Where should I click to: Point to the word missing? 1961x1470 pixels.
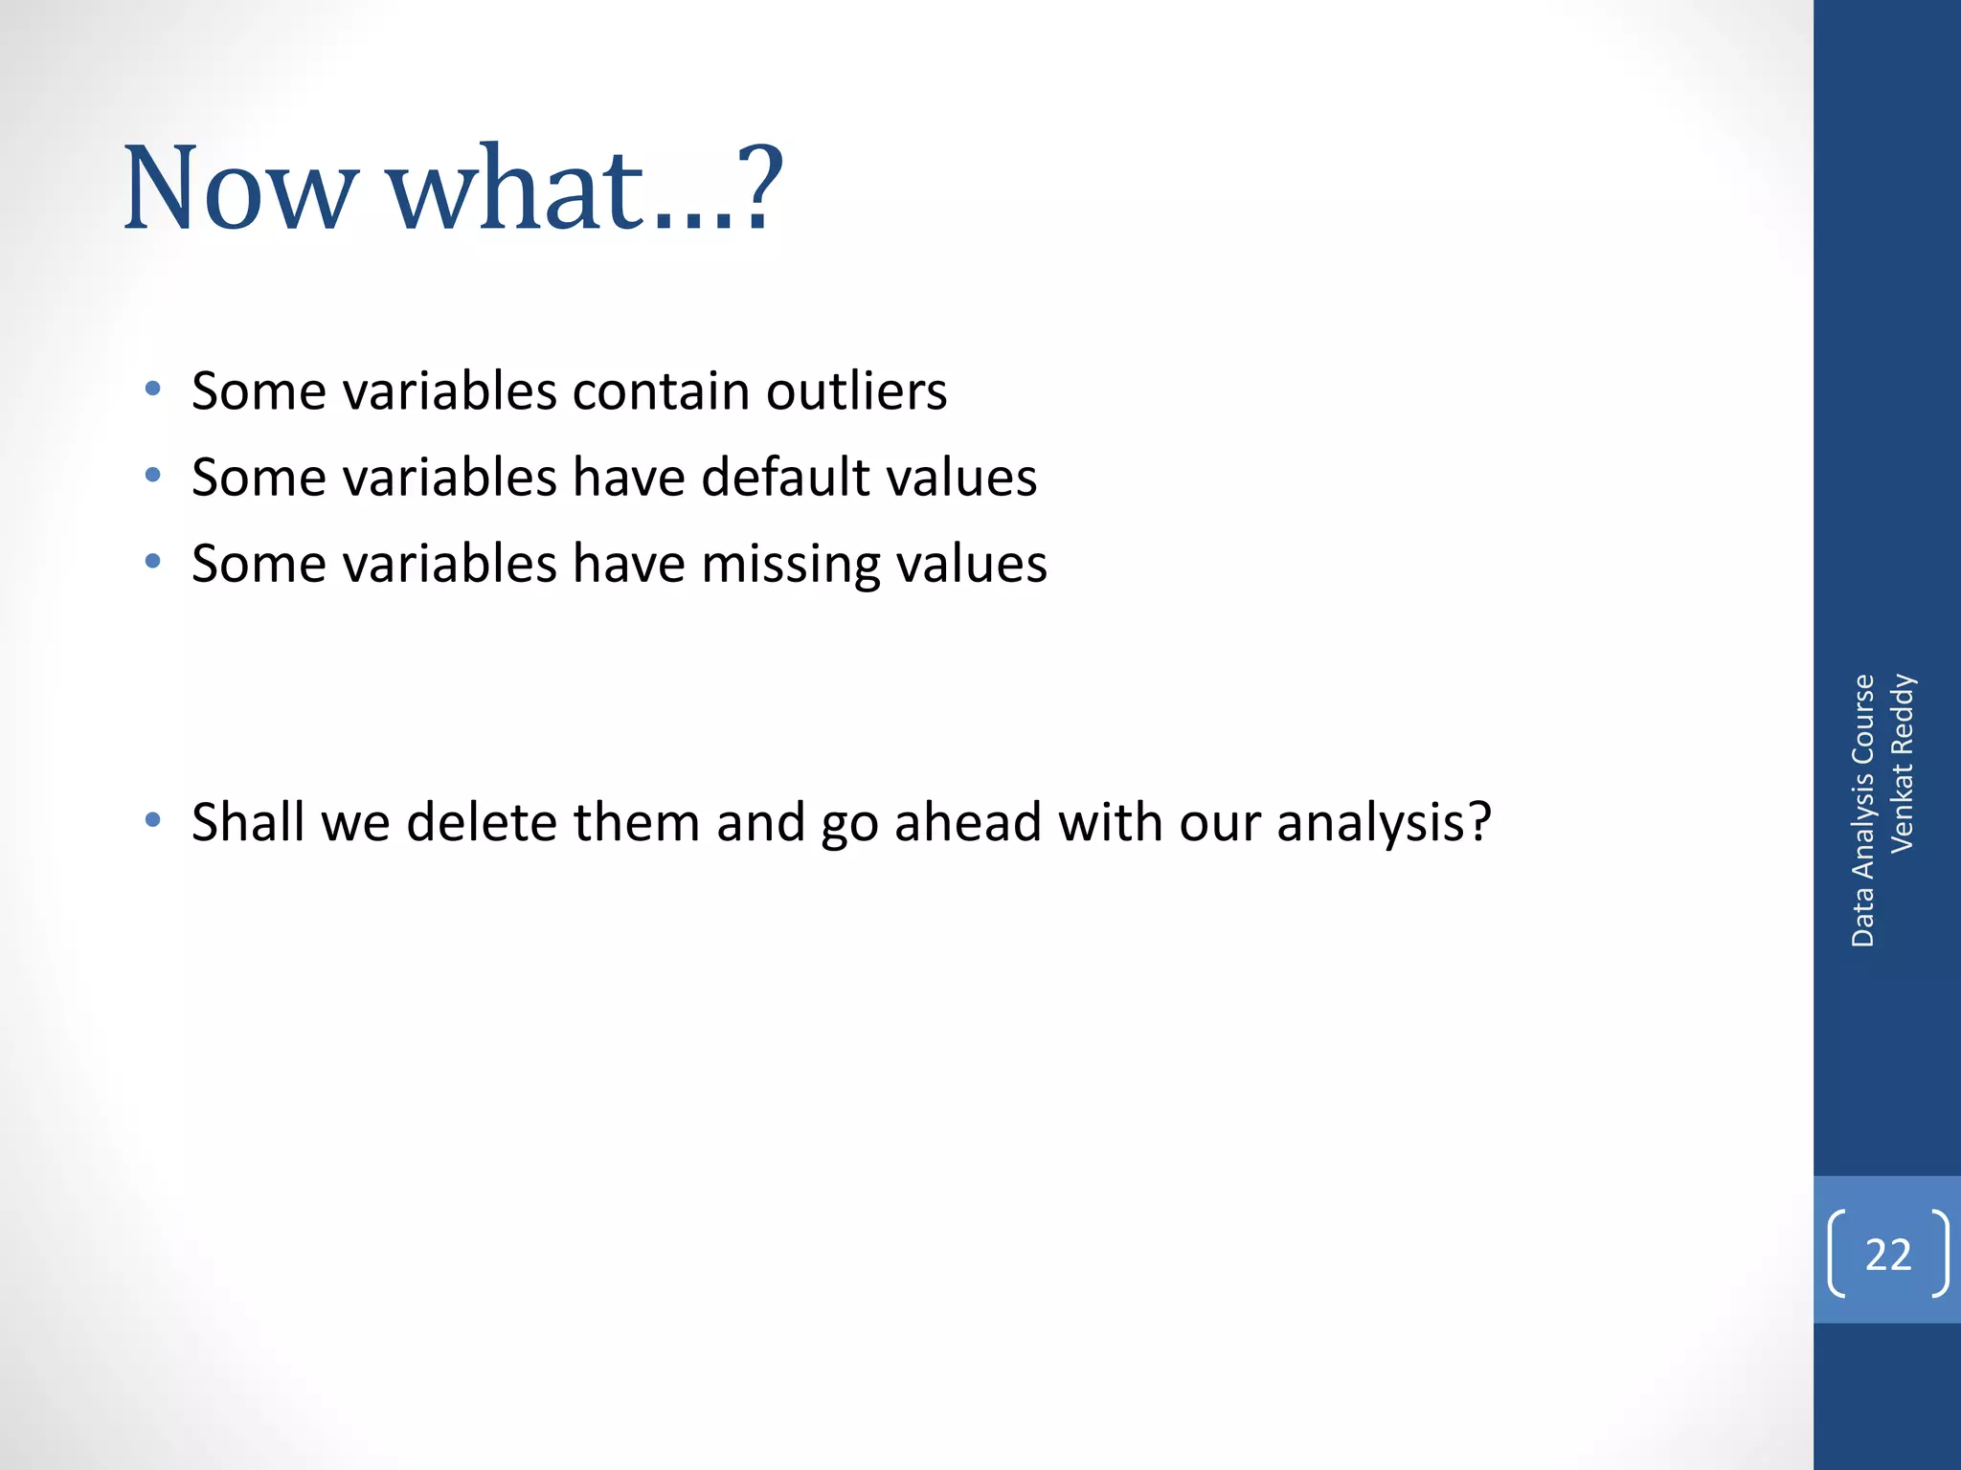790,565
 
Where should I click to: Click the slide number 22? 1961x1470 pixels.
1888,1255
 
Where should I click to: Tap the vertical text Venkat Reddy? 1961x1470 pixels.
1902,763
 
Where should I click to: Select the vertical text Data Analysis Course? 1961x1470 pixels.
1862,811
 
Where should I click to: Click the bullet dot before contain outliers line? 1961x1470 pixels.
152,389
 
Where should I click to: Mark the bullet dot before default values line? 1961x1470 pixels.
152,475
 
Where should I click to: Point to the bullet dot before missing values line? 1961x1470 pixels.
152,561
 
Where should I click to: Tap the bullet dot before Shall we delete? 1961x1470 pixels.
152,820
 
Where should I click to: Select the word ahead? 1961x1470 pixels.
967,822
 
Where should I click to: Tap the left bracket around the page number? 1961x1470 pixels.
1837,1253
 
